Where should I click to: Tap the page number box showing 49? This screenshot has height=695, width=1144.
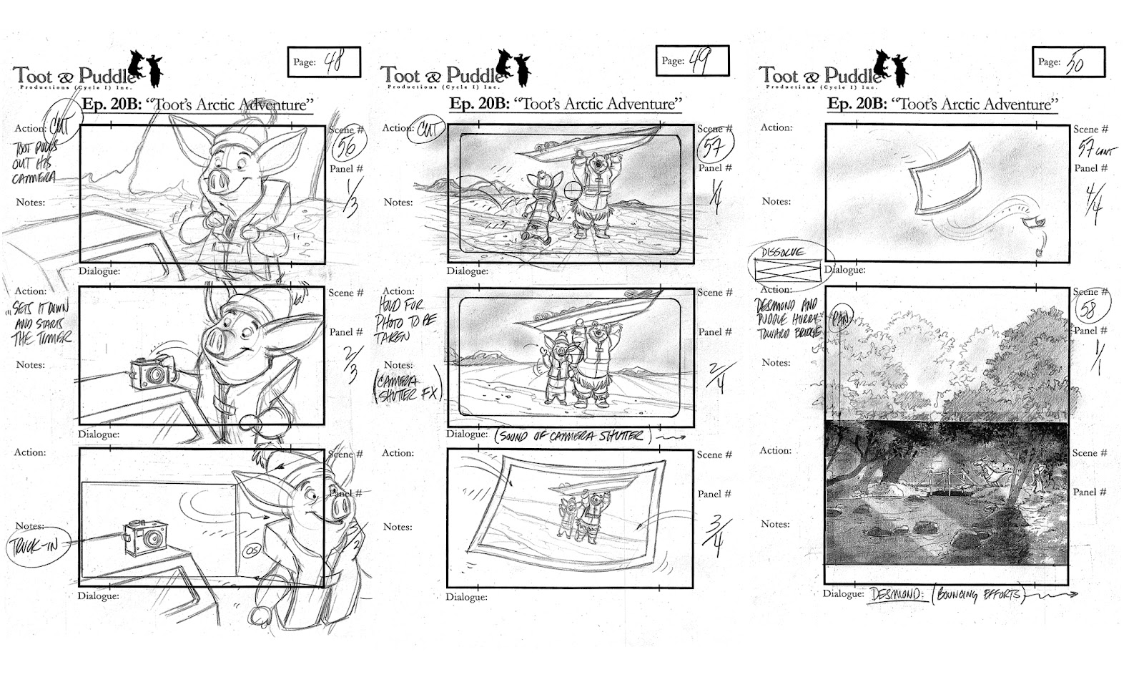(692, 62)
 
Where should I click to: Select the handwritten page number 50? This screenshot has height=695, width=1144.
(1075, 63)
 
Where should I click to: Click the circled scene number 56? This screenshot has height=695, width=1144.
(348, 147)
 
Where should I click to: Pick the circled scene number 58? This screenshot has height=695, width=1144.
(1090, 310)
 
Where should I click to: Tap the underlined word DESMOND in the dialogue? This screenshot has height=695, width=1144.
(896, 594)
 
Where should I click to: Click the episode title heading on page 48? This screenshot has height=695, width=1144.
(197, 105)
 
